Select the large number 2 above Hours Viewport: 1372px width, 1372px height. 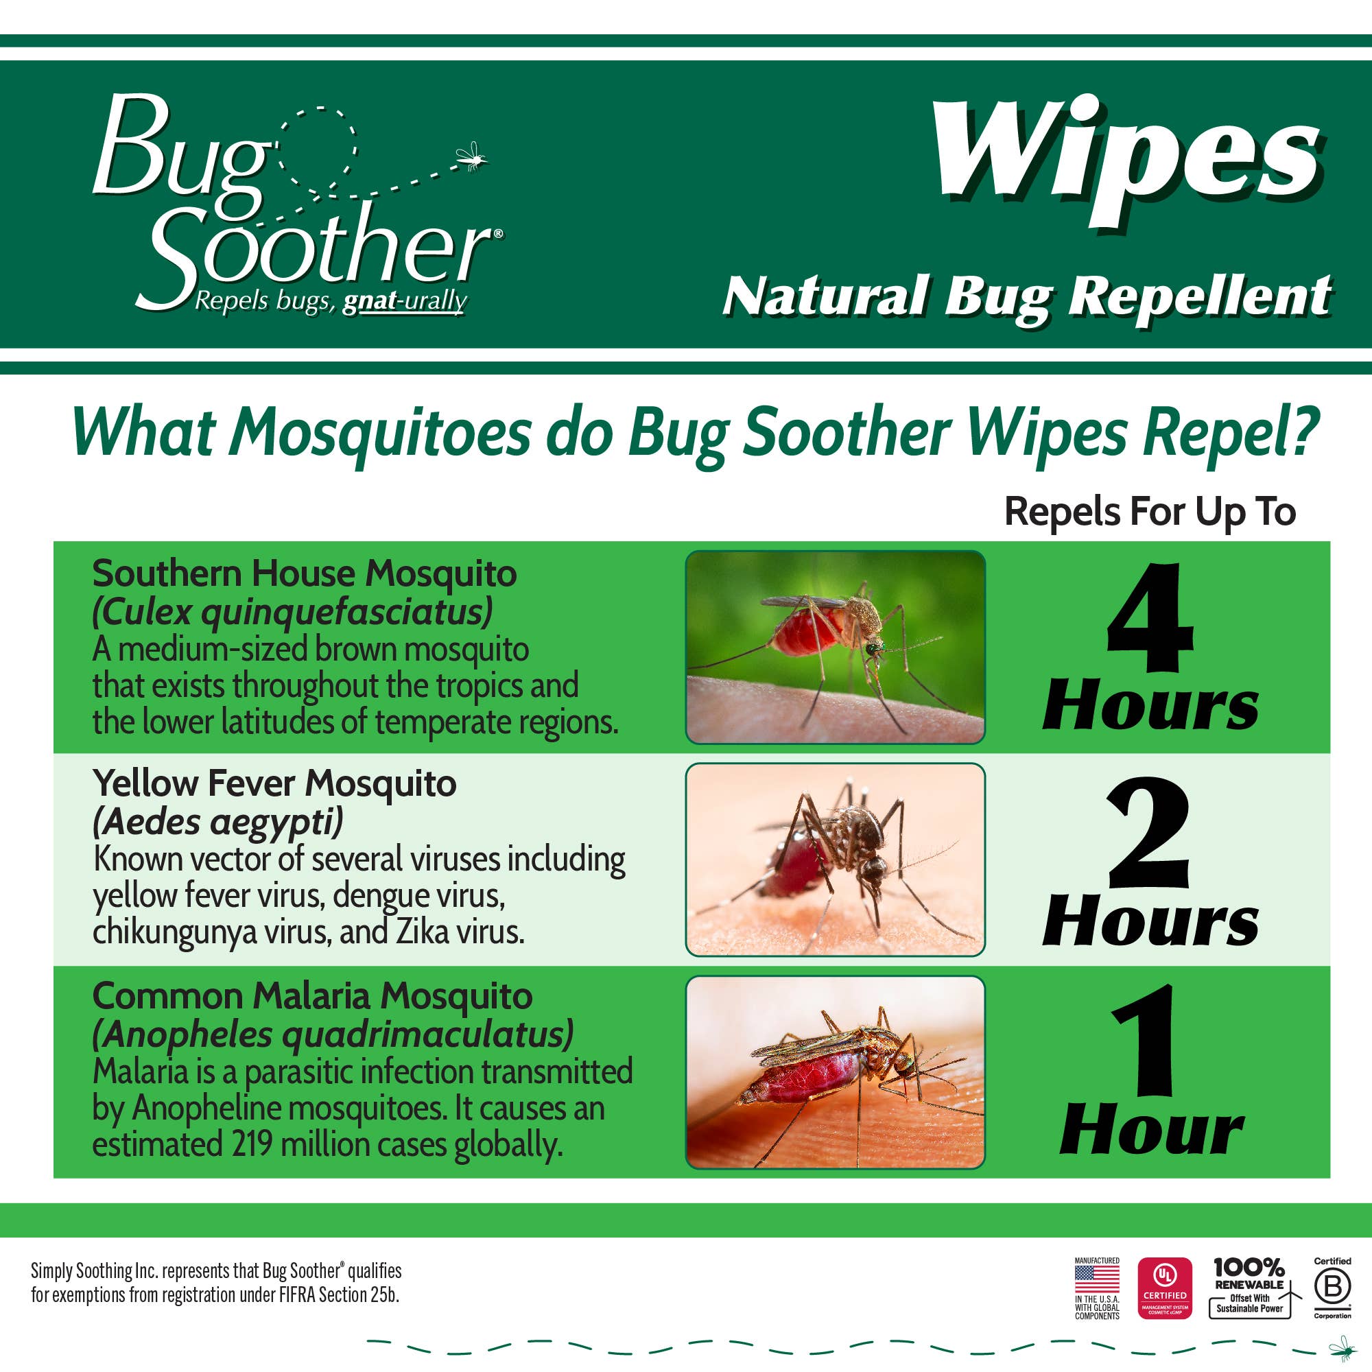(x=1149, y=831)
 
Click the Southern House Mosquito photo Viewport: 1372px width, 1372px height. (x=835, y=647)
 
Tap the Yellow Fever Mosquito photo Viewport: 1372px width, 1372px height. (x=835, y=860)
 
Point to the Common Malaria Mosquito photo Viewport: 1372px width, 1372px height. (x=835, y=1072)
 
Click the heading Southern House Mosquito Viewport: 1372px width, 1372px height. (x=305, y=573)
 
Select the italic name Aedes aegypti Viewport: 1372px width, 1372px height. (x=218, y=822)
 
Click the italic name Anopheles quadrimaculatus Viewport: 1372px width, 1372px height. (x=332, y=1034)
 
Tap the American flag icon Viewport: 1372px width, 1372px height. (x=1096, y=1279)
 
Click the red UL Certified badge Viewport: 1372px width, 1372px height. (x=1165, y=1288)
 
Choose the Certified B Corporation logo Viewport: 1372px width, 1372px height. (x=1332, y=1288)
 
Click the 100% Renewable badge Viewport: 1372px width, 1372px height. (x=1250, y=1288)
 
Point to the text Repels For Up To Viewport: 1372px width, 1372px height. (x=1150, y=512)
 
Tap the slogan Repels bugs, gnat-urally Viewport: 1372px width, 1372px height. (x=330, y=301)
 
